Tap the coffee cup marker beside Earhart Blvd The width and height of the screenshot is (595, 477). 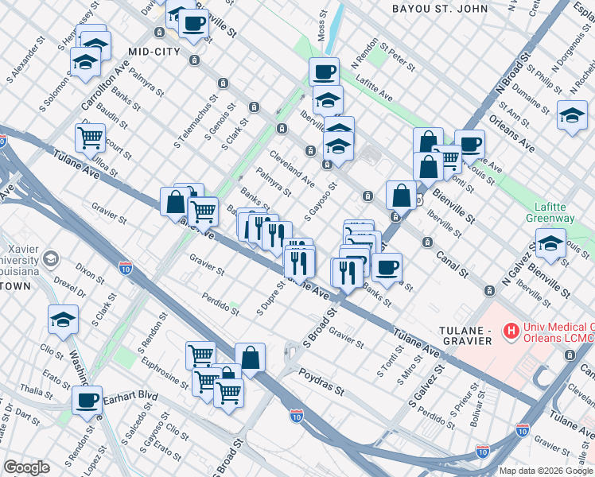[87, 400]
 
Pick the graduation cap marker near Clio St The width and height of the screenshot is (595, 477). [63, 319]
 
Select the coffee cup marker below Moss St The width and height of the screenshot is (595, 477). [324, 72]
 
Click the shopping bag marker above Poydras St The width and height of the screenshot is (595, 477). [250, 357]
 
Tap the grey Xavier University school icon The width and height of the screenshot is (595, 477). [52, 258]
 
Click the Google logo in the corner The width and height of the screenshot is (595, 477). [26, 467]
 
